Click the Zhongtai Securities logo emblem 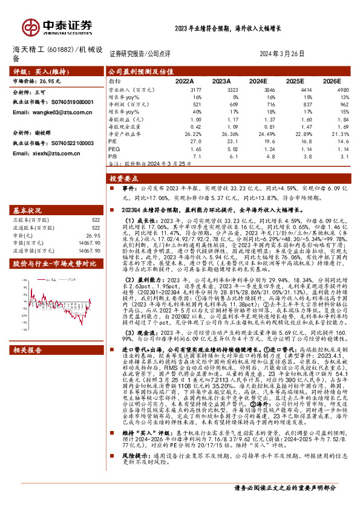(30, 26)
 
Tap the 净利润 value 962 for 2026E (343, 103)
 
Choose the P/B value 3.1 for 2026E (345, 155)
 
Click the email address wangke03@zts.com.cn (51, 112)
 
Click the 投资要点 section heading (123, 180)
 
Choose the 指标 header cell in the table (114, 80)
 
